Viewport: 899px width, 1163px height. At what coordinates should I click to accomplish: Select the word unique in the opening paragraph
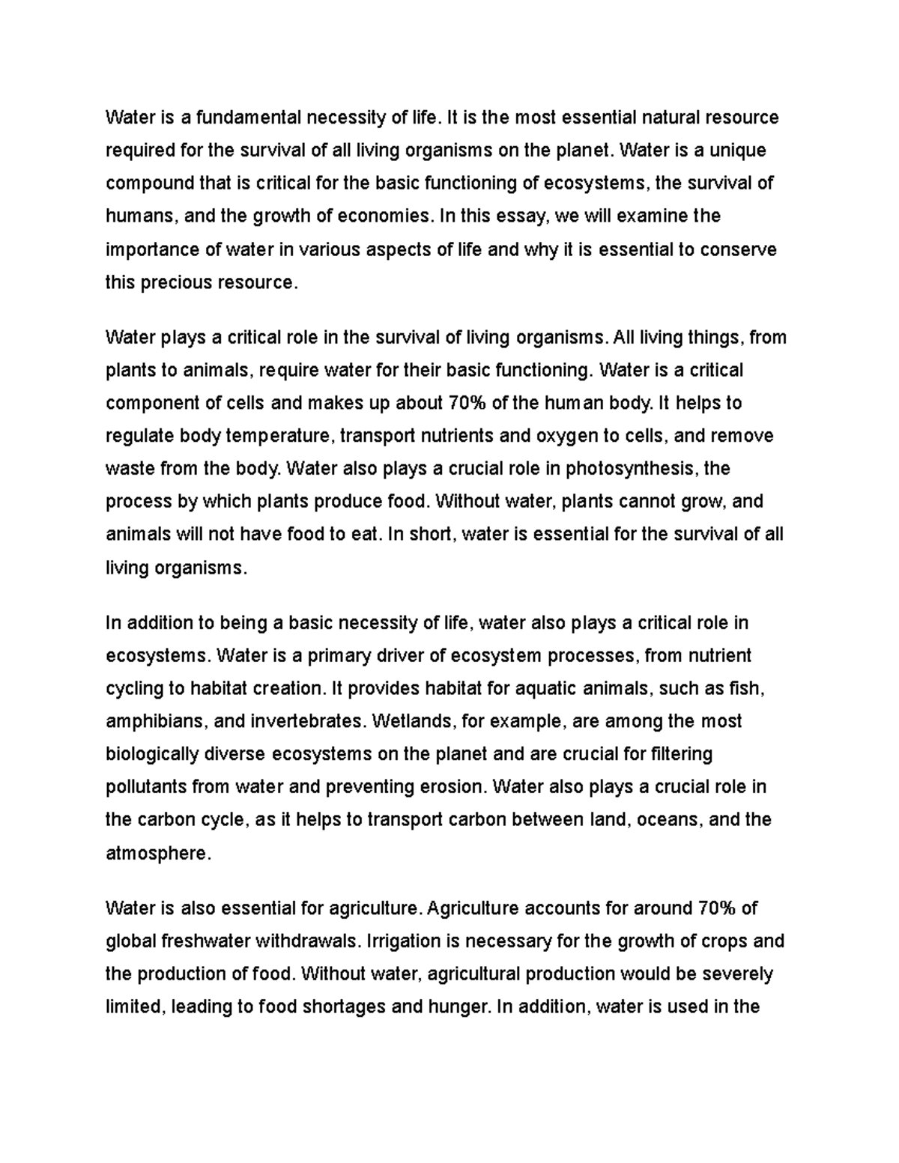tap(739, 151)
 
